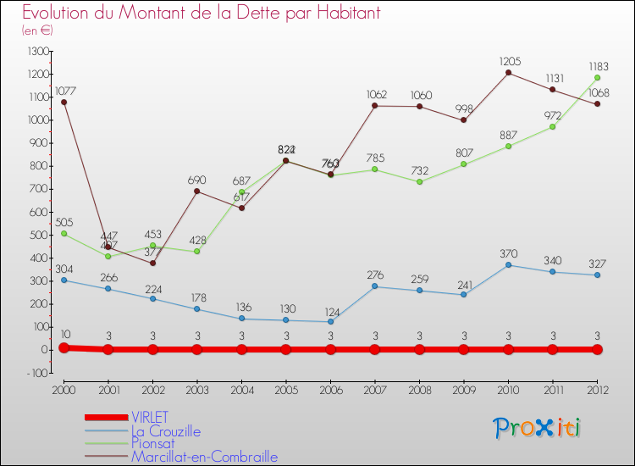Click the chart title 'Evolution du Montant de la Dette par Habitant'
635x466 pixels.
pyautogui.click(x=202, y=13)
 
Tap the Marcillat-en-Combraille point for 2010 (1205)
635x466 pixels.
pyautogui.click(x=508, y=72)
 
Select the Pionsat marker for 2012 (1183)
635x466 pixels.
pyautogui.click(x=597, y=77)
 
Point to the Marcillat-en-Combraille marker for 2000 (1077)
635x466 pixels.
pyautogui.click(x=63, y=102)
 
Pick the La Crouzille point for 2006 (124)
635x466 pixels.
pyautogui.click(x=330, y=321)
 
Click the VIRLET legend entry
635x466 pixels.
pyautogui.click(x=149, y=417)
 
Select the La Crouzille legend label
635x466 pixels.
pyautogui.click(x=165, y=430)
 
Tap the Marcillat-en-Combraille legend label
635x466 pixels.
pyautogui.click(x=204, y=457)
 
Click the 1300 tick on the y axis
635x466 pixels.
pyautogui.click(x=38, y=51)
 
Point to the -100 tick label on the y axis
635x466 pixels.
pyautogui.click(x=36, y=373)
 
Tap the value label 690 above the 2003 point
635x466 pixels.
pyautogui.click(x=196, y=180)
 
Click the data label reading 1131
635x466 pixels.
pyautogui.click(x=552, y=77)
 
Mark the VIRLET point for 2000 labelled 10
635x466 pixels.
pyautogui.click(x=63, y=347)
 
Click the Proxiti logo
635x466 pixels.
pyautogui.click(x=538, y=428)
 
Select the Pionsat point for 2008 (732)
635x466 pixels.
pyautogui.click(x=419, y=181)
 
